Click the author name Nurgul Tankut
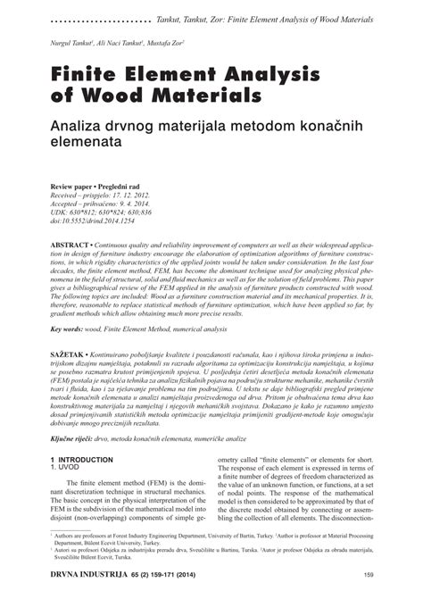77,44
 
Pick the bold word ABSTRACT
70,244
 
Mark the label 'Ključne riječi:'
74,440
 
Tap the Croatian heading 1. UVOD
67,467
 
